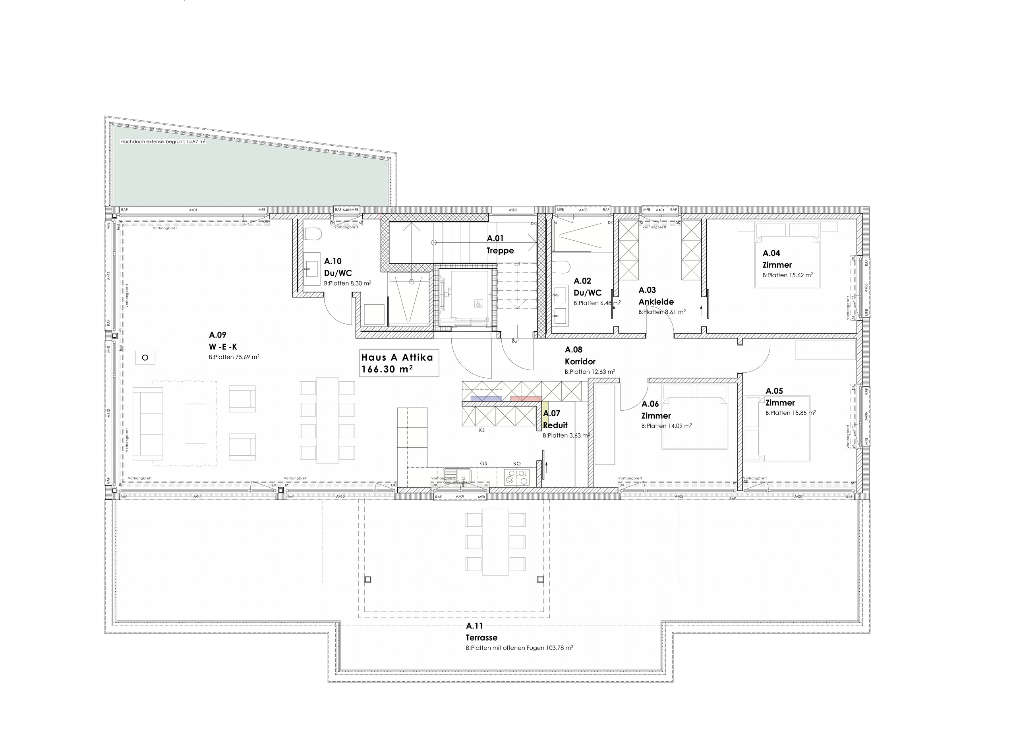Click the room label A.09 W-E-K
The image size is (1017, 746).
coord(222,341)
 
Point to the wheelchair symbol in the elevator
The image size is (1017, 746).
coord(478,304)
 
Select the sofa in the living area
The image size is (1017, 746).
coord(148,423)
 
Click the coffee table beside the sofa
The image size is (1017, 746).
coord(196,423)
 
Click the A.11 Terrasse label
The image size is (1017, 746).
coord(481,632)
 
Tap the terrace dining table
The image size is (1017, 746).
coord(495,542)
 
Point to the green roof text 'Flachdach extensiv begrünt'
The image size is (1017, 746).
coord(162,141)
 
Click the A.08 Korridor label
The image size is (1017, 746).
coord(580,356)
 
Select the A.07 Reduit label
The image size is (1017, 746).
coord(555,419)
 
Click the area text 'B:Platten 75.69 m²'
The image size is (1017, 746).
coord(234,357)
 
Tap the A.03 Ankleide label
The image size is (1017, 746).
coord(656,296)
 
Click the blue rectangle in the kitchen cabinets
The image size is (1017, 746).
coord(486,398)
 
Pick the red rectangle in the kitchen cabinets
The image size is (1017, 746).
coord(526,398)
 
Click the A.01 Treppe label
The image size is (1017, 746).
coord(500,244)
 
